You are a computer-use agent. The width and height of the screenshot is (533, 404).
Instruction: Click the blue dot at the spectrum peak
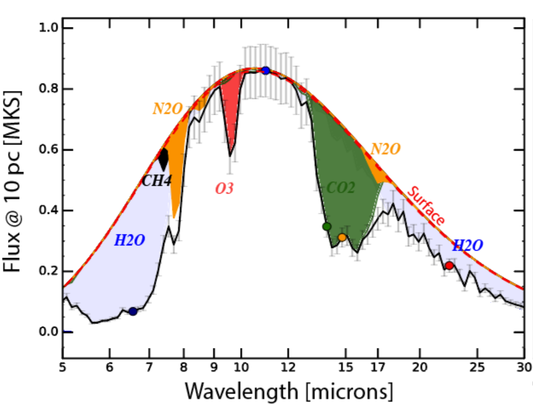pyautogui.click(x=266, y=71)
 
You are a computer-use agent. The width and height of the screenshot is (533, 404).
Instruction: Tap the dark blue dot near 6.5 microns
pyautogui.click(x=133, y=311)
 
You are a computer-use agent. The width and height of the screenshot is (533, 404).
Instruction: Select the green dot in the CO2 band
pyautogui.click(x=326, y=227)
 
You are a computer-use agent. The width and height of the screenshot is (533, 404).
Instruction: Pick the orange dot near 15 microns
pyautogui.click(x=342, y=238)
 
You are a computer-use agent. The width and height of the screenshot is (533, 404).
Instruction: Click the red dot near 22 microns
pyautogui.click(x=449, y=266)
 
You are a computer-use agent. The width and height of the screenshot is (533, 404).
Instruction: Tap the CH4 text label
pyautogui.click(x=156, y=181)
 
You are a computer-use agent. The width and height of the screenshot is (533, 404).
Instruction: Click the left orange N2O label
pyautogui.click(x=168, y=109)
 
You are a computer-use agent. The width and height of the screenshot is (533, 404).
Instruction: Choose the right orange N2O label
pyautogui.click(x=386, y=149)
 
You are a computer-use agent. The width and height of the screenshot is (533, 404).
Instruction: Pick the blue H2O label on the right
pyautogui.click(x=468, y=245)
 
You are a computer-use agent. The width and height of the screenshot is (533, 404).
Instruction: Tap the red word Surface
pyautogui.click(x=426, y=206)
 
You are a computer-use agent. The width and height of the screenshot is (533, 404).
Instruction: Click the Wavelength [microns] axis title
pyautogui.click(x=289, y=391)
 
